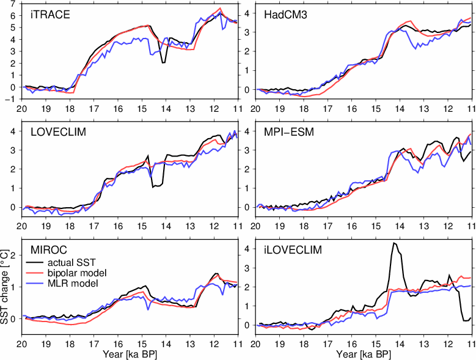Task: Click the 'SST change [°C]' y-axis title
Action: (x=5, y=287)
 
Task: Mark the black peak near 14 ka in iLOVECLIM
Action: (x=395, y=243)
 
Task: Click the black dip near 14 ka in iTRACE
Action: (x=163, y=62)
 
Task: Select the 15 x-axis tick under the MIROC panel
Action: (x=141, y=343)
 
